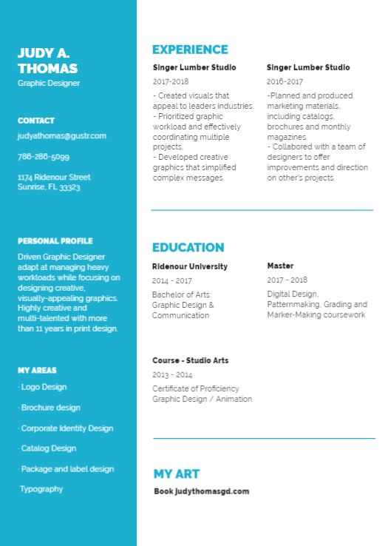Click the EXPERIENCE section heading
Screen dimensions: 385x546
190,50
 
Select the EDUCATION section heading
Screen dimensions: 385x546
188,248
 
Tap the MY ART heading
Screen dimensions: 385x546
177,474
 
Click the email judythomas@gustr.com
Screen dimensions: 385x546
62,136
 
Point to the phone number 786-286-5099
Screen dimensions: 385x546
44,157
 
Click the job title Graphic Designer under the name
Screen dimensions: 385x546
49,84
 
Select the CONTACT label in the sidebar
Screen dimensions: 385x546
36,121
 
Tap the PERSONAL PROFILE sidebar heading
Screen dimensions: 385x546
55,241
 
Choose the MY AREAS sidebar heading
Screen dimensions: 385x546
37,371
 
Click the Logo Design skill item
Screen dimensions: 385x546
43,387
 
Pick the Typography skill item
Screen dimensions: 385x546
41,489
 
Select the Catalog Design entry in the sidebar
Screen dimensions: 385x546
47,448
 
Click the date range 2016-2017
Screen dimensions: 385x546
285,82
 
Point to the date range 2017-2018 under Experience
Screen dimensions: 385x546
171,82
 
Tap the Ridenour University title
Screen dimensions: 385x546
190,266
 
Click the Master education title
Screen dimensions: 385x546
280,266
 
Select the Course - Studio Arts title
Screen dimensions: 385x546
191,360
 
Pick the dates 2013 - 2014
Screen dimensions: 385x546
172,375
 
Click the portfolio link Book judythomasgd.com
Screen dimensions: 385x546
202,491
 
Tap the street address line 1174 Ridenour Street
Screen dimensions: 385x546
54,178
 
